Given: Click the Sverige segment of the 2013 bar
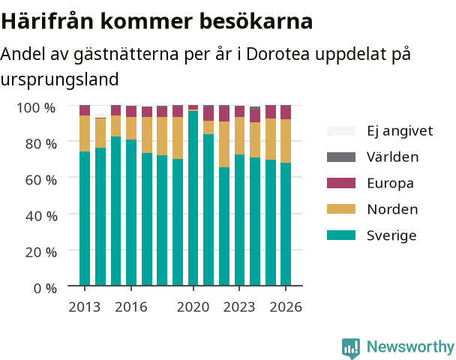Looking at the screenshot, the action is click(x=85, y=218).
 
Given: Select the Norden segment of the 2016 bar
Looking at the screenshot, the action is click(x=131, y=128).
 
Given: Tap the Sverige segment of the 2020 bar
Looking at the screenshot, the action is click(x=193, y=198).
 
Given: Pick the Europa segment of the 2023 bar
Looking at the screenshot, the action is click(x=240, y=111).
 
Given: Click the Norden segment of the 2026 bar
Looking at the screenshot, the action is click(x=286, y=141).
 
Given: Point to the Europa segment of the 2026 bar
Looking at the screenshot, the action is click(x=286, y=112).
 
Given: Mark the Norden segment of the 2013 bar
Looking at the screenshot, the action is click(x=85, y=133).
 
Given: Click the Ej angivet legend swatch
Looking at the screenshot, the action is click(x=341, y=130).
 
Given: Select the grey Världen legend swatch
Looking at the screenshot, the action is click(x=341, y=157).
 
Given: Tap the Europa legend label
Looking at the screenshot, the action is click(x=390, y=184).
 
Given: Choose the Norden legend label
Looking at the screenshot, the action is click(x=392, y=209).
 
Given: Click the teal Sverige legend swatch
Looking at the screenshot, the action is click(x=341, y=235).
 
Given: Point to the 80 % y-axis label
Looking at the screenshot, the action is click(x=41, y=144).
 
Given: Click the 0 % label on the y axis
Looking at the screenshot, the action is click(x=45, y=289).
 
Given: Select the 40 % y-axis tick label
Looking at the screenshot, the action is click(x=41, y=216).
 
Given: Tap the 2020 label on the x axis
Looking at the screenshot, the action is click(x=193, y=307).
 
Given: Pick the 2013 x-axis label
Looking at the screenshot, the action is click(x=84, y=307).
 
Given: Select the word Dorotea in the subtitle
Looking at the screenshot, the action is click(x=277, y=54).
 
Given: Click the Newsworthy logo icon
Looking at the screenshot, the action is click(x=351, y=348).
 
